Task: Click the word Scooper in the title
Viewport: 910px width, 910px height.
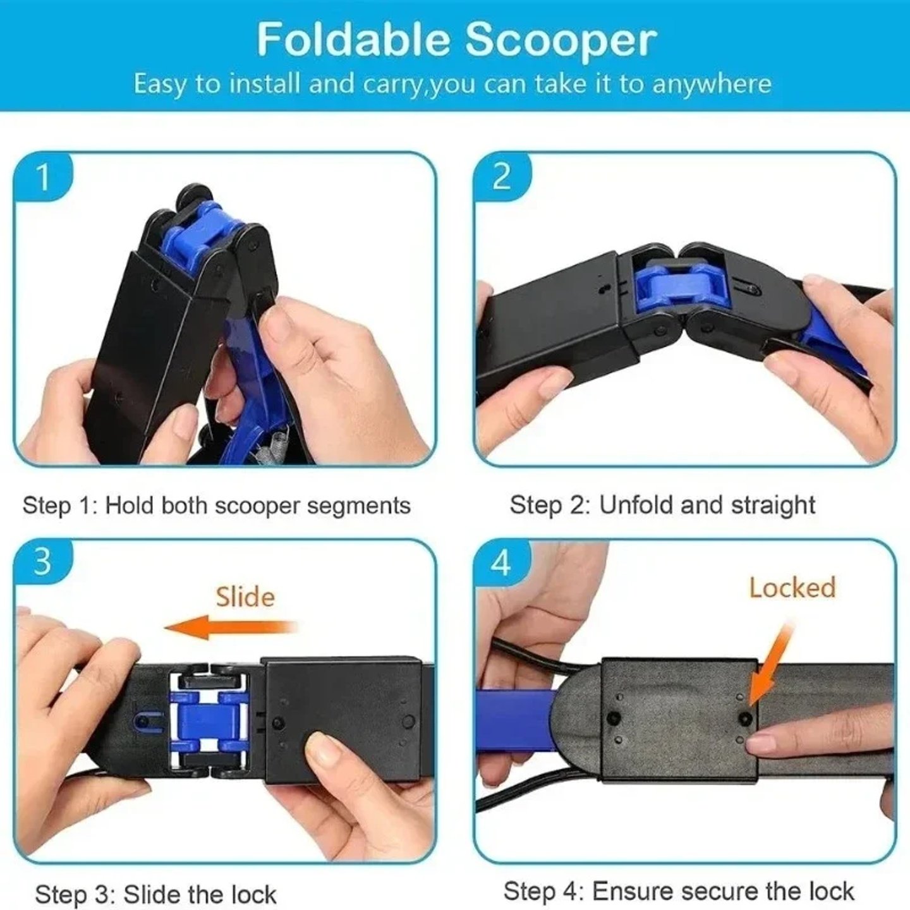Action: click(x=561, y=40)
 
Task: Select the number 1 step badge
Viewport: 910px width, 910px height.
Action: click(x=43, y=178)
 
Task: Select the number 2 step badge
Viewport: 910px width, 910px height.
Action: click(x=501, y=176)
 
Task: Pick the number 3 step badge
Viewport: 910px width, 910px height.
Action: click(x=42, y=561)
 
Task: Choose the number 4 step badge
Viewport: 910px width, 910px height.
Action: click(x=501, y=562)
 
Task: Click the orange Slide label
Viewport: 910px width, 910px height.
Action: click(x=245, y=597)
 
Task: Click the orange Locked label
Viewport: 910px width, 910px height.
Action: click(x=792, y=588)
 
